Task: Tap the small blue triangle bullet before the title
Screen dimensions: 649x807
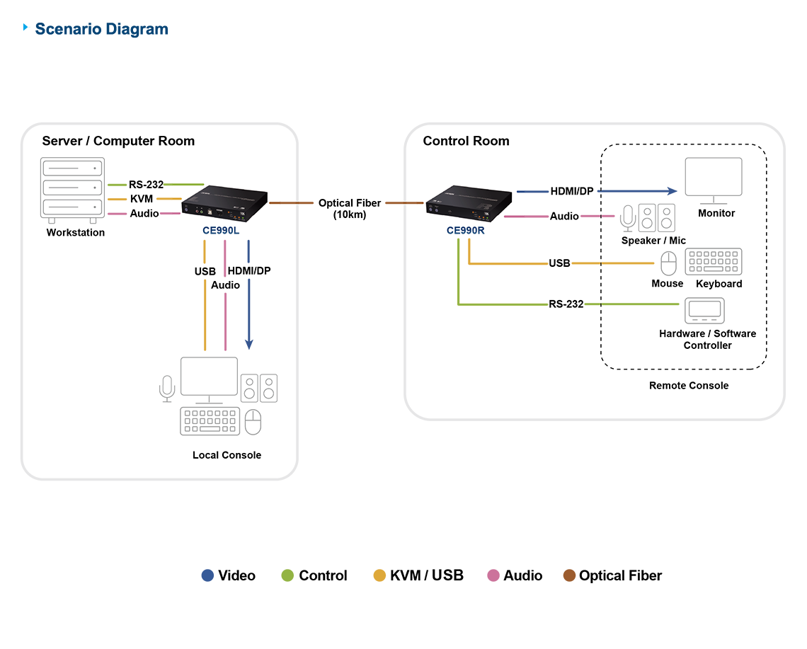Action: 27,28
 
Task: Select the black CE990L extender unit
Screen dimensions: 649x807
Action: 225,205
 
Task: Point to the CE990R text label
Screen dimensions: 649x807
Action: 464,230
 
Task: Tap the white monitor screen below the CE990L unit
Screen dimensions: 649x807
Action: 209,376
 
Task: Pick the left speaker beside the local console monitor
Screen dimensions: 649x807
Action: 250,389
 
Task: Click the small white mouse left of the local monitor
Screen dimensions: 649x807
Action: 167,384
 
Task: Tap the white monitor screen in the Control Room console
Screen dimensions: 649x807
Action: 714,176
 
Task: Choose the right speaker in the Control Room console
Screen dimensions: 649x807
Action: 667,217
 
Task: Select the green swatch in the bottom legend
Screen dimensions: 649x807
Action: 282,564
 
